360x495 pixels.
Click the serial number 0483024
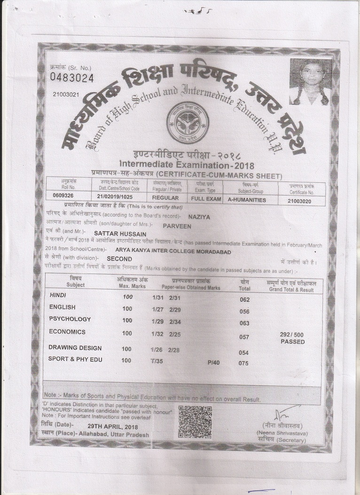point(72,77)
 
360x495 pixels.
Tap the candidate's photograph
point(309,82)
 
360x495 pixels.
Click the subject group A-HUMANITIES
point(246,200)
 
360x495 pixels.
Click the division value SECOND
point(119,259)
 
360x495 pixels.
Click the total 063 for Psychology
point(244,323)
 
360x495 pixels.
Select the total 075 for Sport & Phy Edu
point(243,363)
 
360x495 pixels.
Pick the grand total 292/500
point(292,334)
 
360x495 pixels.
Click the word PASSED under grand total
point(293,342)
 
